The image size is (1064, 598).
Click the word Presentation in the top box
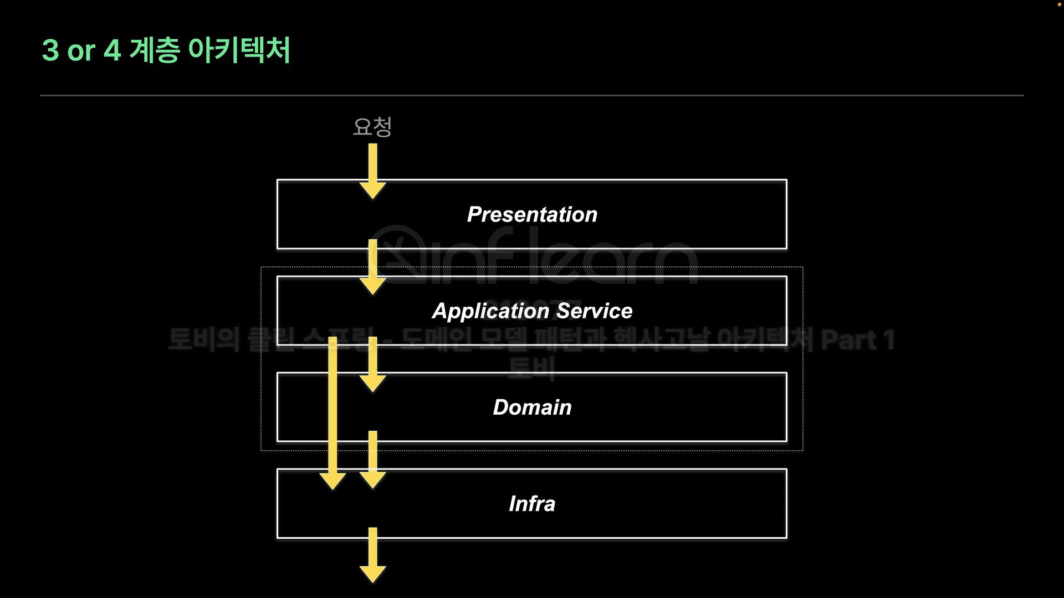click(x=532, y=214)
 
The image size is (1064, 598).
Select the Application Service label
click(x=532, y=311)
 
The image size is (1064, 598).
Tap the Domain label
click(x=532, y=408)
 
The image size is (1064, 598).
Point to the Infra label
click(x=532, y=504)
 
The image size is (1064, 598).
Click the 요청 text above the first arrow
click(x=372, y=127)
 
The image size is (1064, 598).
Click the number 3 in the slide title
click(x=50, y=50)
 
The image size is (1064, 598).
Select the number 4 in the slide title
click(x=112, y=50)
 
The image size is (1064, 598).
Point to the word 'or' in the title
click(x=81, y=51)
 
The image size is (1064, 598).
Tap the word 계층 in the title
click(x=155, y=50)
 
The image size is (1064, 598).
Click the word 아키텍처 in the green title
click(x=239, y=50)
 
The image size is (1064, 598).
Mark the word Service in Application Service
click(x=594, y=311)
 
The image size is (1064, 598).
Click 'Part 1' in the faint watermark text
click(x=857, y=340)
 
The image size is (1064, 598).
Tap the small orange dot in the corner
click(x=1060, y=4)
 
